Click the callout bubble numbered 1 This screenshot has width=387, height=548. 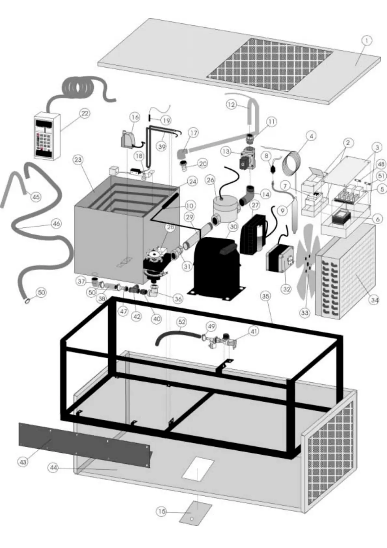pos(367,41)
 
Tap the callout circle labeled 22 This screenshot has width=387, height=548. pos(85,114)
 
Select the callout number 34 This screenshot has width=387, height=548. pos(374,300)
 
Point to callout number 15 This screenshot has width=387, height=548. pos(162,512)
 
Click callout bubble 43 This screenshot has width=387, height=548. pos(23,462)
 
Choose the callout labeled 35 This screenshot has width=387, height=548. pos(266,296)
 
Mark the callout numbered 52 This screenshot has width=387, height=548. pos(182,322)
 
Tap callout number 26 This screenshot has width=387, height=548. pos(210,180)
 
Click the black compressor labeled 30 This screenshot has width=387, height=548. pos(216,267)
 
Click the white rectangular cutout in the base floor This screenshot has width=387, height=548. pos(198,469)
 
